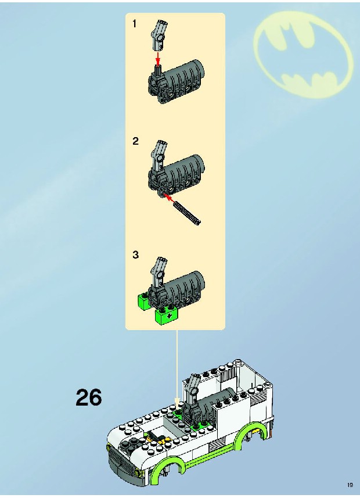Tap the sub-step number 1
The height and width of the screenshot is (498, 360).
[x=135, y=23]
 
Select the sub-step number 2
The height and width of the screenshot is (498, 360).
[x=135, y=141]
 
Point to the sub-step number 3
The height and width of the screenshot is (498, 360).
[x=135, y=255]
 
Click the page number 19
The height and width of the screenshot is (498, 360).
[x=350, y=485]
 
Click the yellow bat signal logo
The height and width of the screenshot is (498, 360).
[x=303, y=55]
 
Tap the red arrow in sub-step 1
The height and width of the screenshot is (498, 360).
[x=158, y=59]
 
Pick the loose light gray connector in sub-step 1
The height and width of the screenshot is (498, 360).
[x=159, y=35]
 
